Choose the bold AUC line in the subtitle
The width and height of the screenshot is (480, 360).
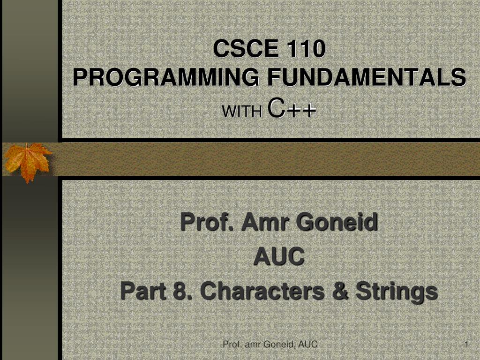tap(278, 257)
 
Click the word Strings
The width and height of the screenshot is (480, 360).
tap(396, 292)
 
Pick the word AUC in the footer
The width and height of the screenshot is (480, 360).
tap(308, 345)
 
